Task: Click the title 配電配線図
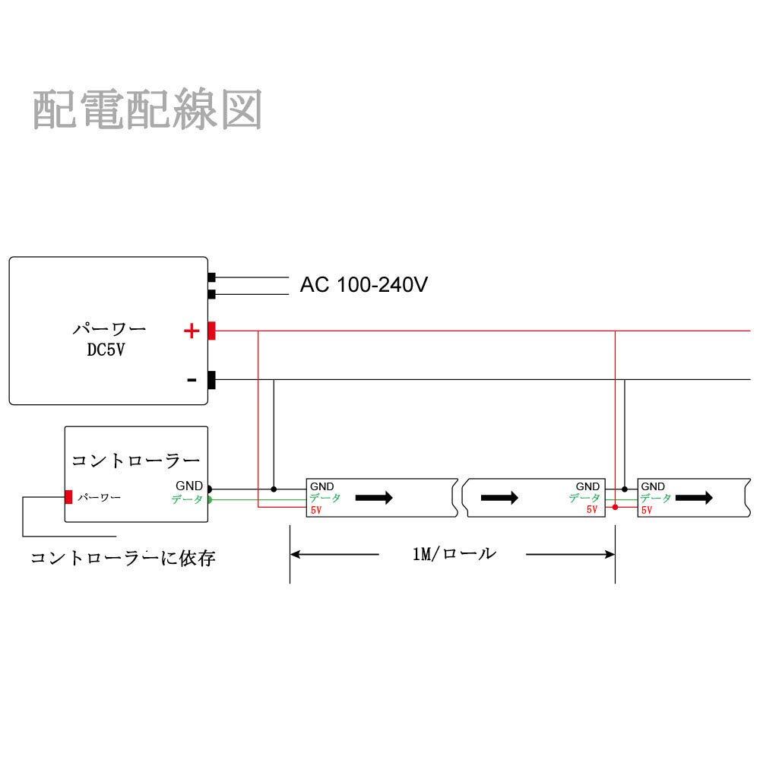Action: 147,110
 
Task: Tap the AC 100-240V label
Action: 364,285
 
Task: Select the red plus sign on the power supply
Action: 192,331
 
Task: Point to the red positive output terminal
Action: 212,331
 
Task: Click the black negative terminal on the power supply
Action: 212,379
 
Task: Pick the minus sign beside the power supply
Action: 192,380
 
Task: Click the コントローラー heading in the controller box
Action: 135,461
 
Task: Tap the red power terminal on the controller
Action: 68,497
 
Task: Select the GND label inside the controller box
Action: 189,486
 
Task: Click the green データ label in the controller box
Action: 187,499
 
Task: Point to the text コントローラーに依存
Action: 123,559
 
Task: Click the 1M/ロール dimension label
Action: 454,553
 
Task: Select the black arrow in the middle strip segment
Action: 500,498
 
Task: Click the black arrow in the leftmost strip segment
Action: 375,498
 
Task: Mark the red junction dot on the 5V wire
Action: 615,506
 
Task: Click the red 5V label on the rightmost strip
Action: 647,511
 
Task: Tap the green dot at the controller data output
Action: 209,499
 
